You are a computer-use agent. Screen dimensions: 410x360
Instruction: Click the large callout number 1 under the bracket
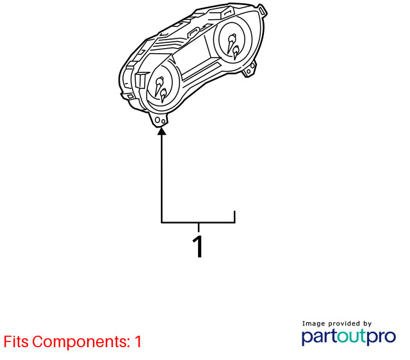(198, 247)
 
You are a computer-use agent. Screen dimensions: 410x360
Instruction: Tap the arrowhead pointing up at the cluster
(162, 131)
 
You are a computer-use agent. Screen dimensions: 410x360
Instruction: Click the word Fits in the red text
(15, 341)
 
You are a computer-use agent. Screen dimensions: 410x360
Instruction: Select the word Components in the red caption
(81, 341)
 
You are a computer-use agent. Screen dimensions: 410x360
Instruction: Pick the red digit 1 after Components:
(138, 341)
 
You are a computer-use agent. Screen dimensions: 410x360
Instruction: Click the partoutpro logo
(348, 337)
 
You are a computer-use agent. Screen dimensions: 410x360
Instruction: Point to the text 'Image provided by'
(337, 323)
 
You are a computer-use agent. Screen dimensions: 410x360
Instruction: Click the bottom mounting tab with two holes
(158, 120)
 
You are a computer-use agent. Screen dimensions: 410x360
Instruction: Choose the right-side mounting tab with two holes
(250, 69)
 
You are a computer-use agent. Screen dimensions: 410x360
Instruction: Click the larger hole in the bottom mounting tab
(158, 120)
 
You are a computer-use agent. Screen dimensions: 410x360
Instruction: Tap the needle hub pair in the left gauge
(161, 88)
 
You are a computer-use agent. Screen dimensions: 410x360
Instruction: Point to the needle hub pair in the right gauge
(233, 46)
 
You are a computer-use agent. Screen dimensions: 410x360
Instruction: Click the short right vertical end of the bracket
(234, 217)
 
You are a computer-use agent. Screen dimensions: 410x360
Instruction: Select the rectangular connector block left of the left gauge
(142, 79)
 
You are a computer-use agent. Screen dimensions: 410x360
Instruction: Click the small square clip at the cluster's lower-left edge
(130, 97)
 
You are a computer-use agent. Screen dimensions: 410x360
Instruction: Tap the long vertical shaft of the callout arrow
(162, 178)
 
